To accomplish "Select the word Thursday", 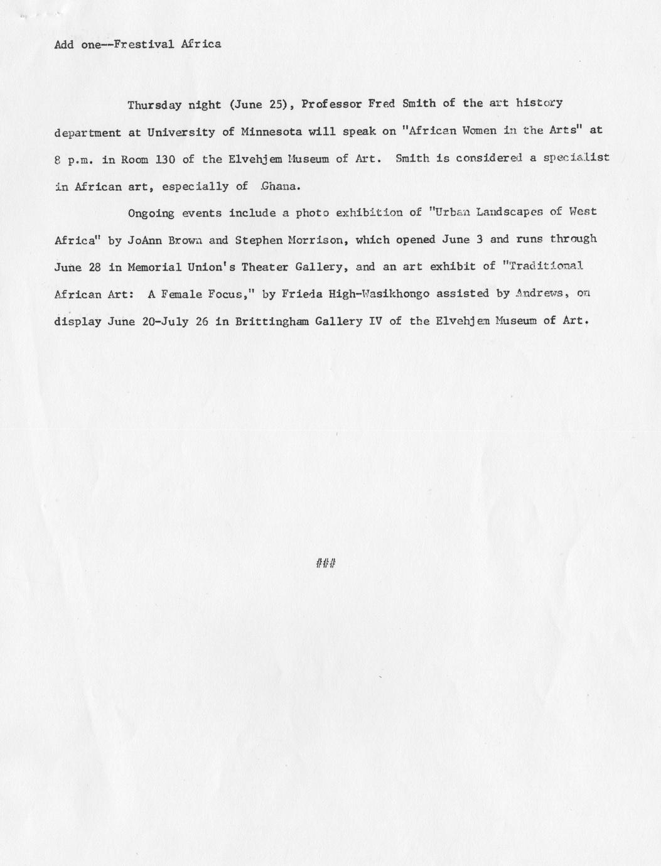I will pos(153,105).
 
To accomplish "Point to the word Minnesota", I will pos(271,132).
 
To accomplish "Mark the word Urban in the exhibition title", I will pos(448,212).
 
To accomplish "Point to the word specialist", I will pos(576,158).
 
